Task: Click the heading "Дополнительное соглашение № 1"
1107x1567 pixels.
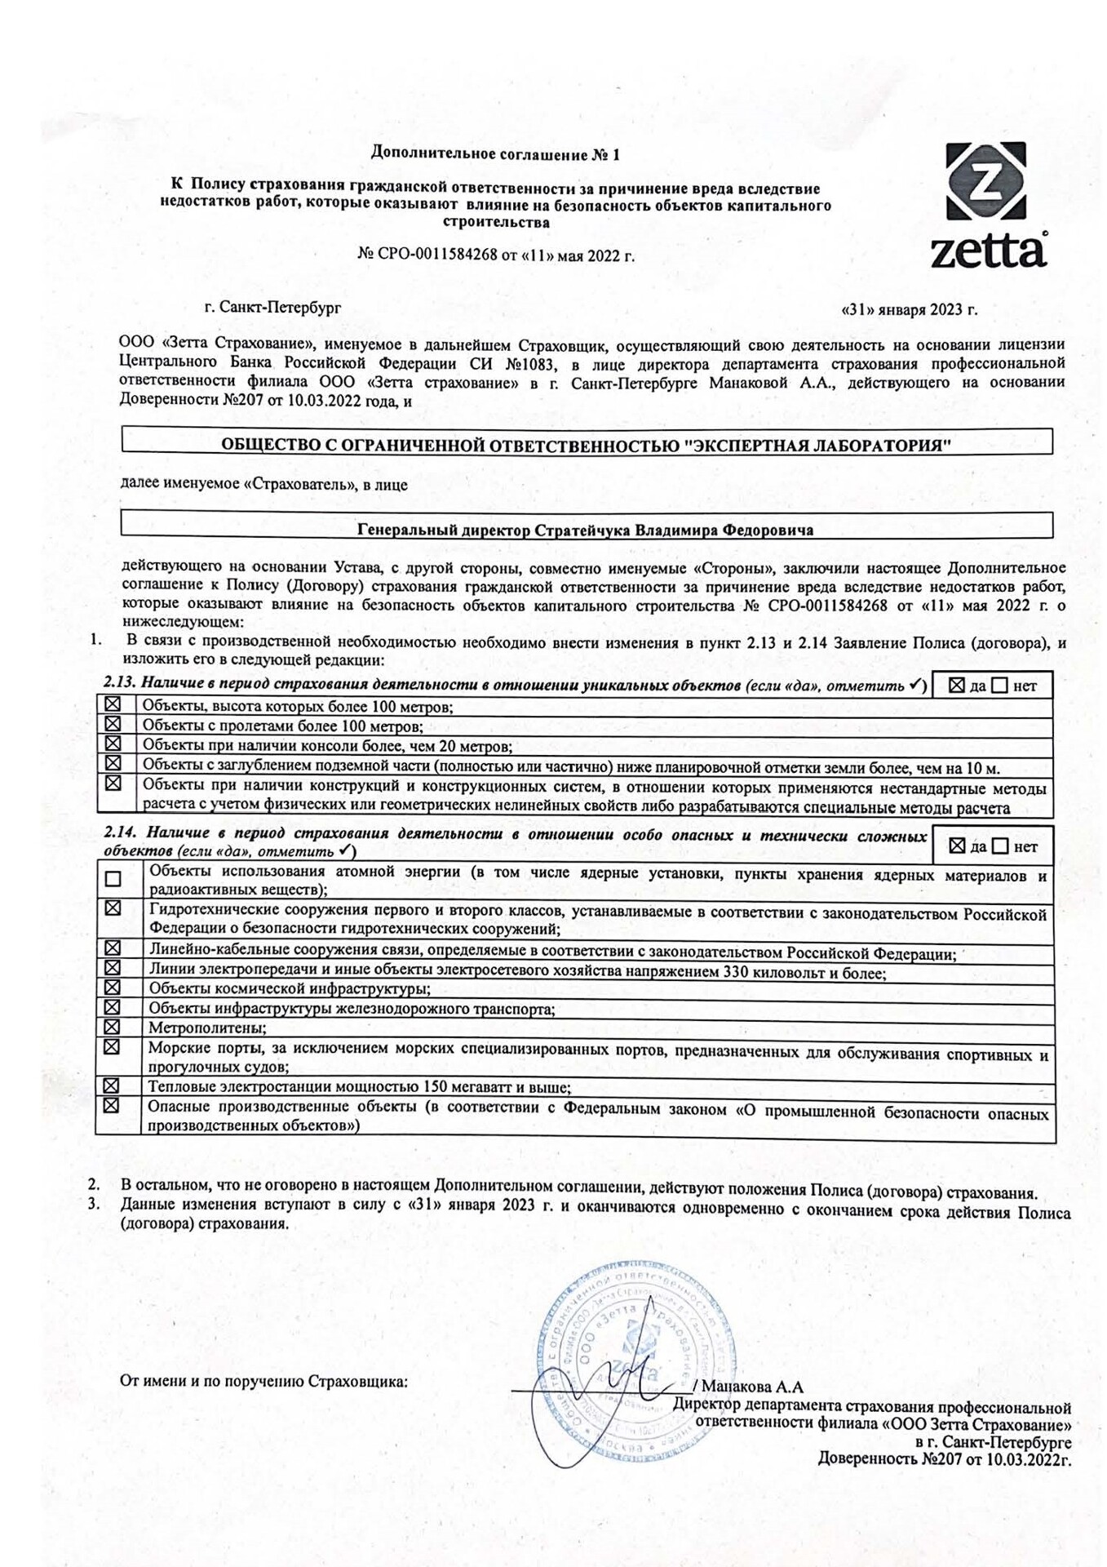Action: (x=495, y=153)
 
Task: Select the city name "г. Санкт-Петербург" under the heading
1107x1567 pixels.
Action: (x=272, y=308)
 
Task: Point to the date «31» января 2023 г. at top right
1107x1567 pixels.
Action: (x=909, y=310)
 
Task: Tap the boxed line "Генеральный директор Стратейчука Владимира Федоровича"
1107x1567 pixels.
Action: (x=585, y=530)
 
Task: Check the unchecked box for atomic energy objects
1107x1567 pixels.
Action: (x=113, y=879)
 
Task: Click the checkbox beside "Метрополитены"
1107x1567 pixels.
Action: (x=112, y=1027)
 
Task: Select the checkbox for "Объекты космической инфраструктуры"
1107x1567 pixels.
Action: (x=112, y=988)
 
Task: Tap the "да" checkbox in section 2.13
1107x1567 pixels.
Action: (x=957, y=686)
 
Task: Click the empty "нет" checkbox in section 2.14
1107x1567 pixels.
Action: (x=1001, y=846)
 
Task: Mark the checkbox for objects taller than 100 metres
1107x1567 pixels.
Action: (x=113, y=704)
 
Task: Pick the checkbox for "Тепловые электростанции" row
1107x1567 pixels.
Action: (x=111, y=1085)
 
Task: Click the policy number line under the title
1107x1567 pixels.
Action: (x=495, y=255)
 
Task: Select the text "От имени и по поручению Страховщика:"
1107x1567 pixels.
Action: (x=263, y=1381)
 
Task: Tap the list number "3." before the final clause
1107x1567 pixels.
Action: (x=94, y=1204)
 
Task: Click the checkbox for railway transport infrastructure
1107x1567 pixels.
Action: (x=112, y=1007)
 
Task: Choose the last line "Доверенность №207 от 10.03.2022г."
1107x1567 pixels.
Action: (x=944, y=1458)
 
